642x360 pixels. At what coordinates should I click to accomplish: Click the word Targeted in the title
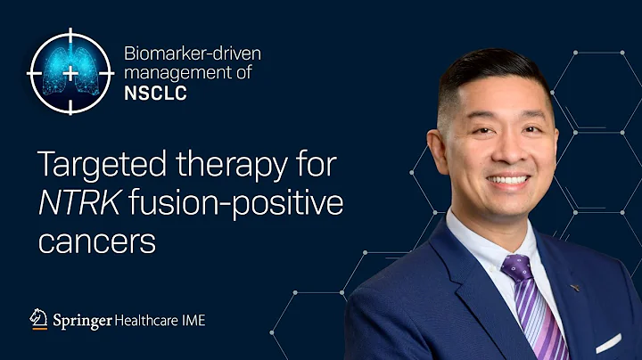tap(88, 166)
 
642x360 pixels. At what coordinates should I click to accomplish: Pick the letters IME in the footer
tap(193, 319)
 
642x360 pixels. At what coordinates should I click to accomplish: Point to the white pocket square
tap(608, 341)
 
